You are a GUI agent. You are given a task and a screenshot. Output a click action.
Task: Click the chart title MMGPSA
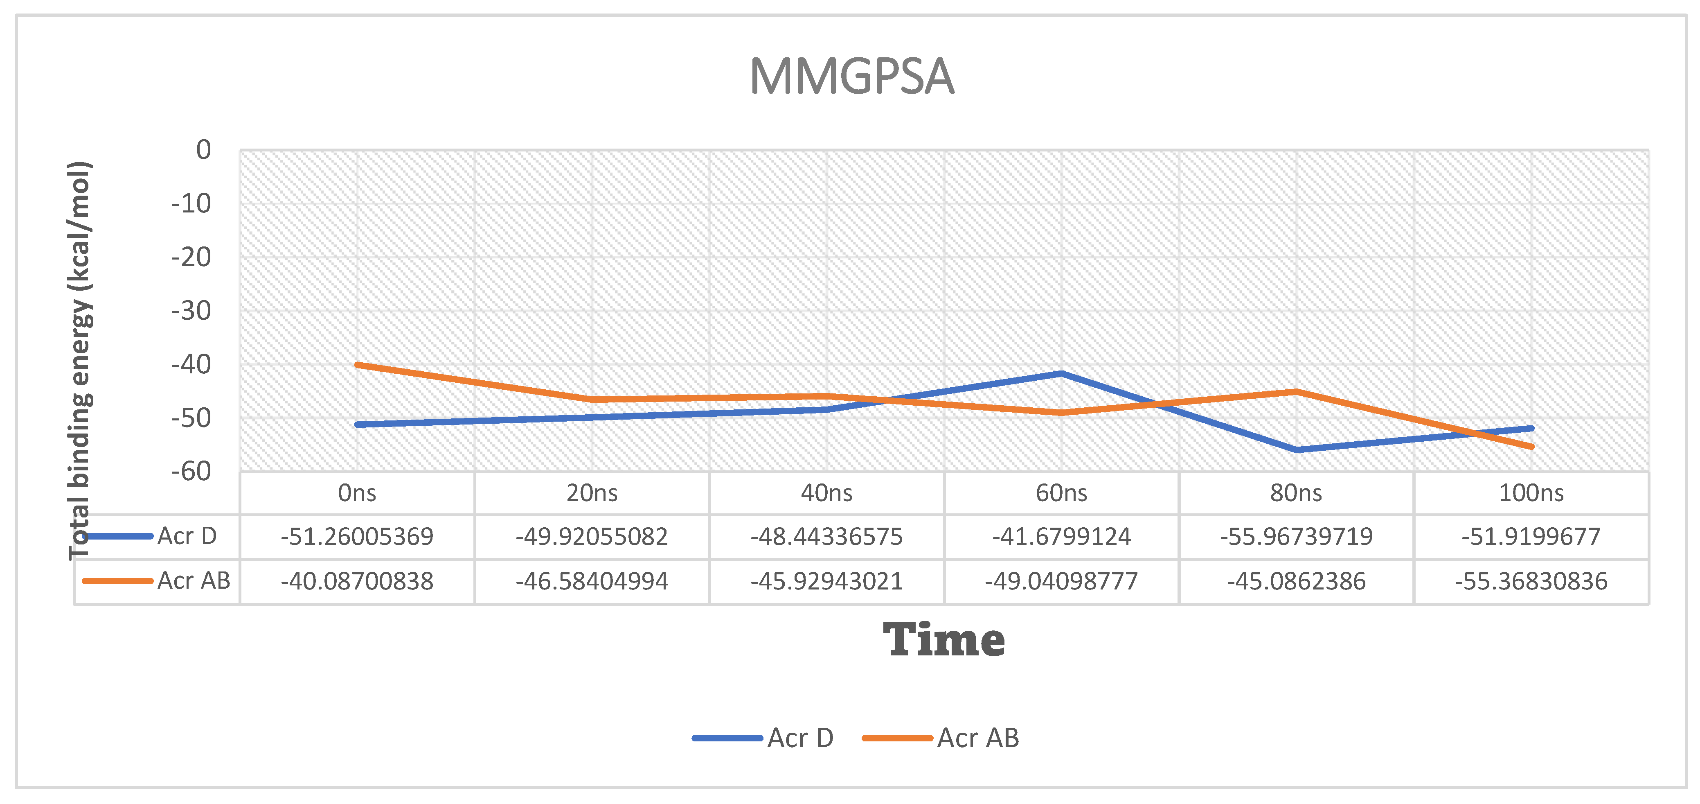[851, 77]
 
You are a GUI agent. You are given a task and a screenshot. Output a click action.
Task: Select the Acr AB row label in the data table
[194, 581]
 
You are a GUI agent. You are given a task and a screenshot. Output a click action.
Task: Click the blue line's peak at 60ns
[1061, 374]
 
